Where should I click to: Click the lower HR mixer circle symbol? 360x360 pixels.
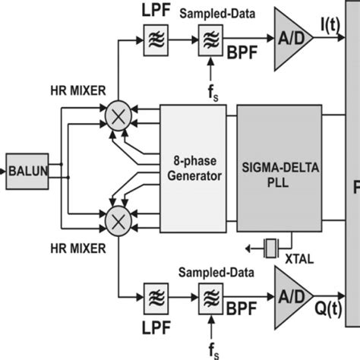pyautogui.click(x=118, y=220)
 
